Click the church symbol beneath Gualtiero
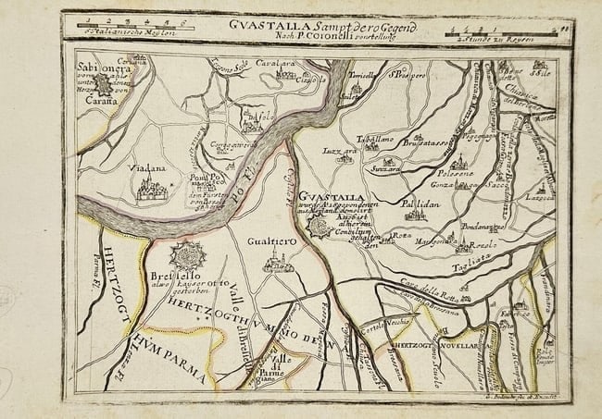click(274, 262)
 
